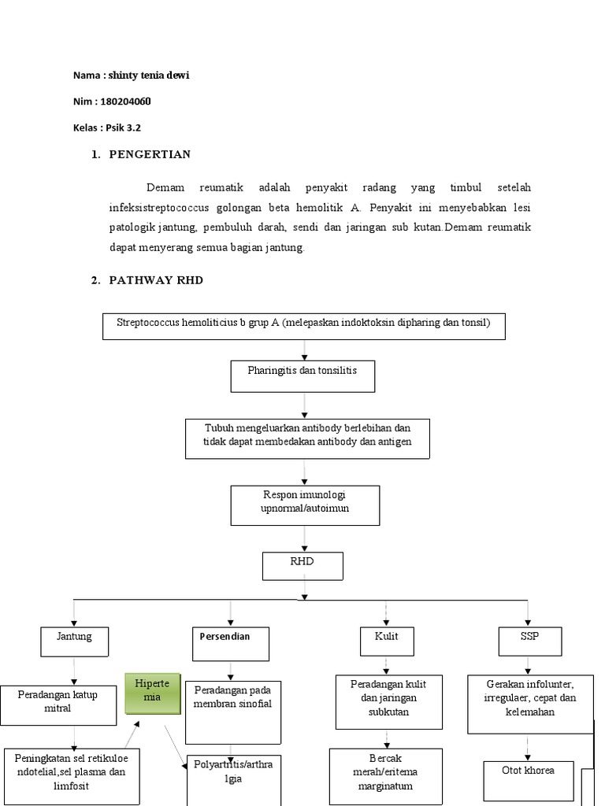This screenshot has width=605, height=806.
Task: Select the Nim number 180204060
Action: pos(126,102)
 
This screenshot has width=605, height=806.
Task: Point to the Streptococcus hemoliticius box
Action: pos(303,326)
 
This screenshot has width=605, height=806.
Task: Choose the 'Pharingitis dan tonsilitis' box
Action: pos(302,375)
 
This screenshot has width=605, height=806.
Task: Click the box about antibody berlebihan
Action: pos(308,438)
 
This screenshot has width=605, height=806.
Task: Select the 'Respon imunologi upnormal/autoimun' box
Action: pos(305,505)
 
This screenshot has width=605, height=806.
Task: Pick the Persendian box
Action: pos(230,641)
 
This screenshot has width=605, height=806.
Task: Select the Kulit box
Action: pos(385,641)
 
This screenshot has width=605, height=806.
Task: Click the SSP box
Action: pos(529,641)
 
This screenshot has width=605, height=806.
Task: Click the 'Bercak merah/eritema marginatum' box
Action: pos(385,776)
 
